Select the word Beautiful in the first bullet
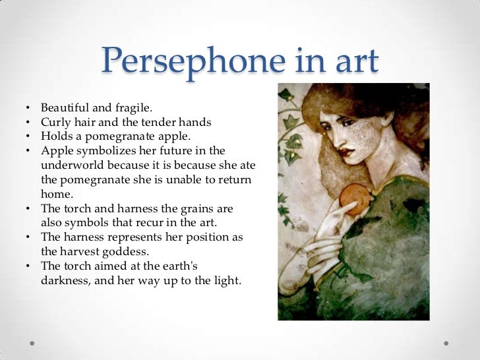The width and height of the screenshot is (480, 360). tap(64, 107)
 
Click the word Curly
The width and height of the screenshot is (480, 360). tap(55, 122)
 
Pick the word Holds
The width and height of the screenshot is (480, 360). tap(55, 136)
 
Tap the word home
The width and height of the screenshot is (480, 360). tap(55, 194)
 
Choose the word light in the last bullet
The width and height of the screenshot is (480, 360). tap(227, 280)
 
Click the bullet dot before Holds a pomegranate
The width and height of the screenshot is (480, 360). tap(30, 137)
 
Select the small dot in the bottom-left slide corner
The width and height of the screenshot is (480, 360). tap(31, 343)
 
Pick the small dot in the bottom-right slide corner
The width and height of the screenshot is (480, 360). tap(449, 343)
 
